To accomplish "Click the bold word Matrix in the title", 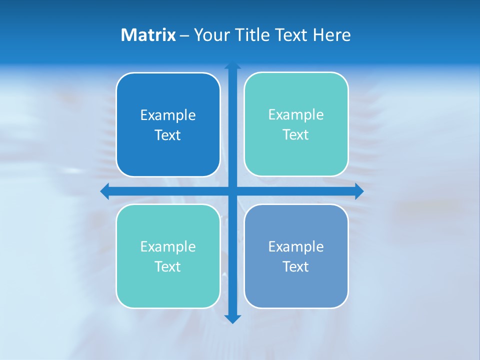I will (148, 35).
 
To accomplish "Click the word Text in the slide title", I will (293, 35).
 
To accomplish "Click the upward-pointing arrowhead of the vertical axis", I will (232, 66).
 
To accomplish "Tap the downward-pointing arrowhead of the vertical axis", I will (232, 319).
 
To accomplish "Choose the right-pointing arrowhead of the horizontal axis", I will (358, 191).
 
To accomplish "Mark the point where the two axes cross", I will (232, 191).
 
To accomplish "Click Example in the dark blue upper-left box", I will (168, 115).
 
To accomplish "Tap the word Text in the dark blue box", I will (168, 135).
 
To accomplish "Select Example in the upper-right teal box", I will (296, 115).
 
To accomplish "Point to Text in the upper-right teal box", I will (296, 135).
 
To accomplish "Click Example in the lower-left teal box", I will (168, 246).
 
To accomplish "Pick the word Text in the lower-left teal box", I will (168, 266).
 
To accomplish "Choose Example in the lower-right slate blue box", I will (296, 246).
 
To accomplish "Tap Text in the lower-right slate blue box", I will (296, 266).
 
